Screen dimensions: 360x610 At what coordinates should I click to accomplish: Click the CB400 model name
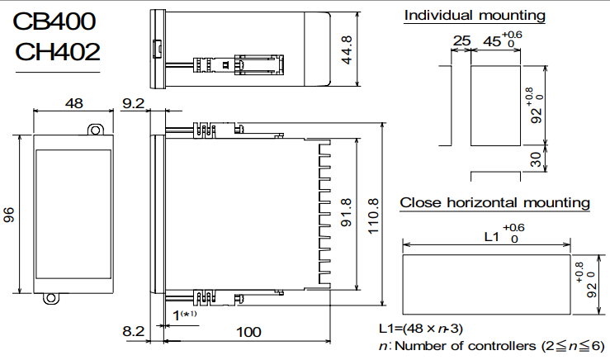coord(56,21)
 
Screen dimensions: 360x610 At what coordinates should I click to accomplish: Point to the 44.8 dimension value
coord(347,50)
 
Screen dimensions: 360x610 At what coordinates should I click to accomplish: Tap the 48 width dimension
coord(73,104)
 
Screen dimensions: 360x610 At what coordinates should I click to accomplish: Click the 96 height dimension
coord(9,215)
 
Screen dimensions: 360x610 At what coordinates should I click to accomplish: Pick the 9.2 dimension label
coord(133,104)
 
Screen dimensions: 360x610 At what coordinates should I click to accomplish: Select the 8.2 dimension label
coord(133,331)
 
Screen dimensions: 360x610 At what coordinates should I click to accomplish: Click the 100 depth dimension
coord(248,332)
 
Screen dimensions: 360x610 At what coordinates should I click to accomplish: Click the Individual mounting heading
coord(475,16)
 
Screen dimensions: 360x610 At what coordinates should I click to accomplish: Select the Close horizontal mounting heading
coord(495,202)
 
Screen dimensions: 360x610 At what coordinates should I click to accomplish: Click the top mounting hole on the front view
coord(96,130)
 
